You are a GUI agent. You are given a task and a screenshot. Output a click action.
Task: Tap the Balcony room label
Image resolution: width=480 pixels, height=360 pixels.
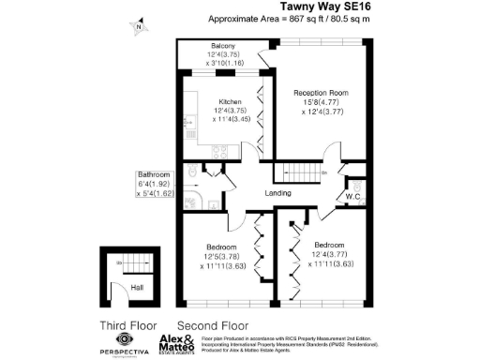pyautogui.click(x=222, y=46)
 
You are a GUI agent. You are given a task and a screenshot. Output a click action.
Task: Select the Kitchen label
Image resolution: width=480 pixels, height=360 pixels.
pyautogui.click(x=231, y=101)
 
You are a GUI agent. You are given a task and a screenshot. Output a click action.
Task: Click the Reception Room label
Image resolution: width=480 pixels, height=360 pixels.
pyautogui.click(x=321, y=93)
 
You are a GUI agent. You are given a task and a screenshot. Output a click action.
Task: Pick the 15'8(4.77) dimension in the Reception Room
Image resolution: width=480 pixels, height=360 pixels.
pyautogui.click(x=321, y=103)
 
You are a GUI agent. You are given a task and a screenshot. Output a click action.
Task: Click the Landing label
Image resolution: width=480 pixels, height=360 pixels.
pyautogui.click(x=277, y=194)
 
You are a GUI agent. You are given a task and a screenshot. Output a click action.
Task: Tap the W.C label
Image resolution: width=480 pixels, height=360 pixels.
pyautogui.click(x=354, y=196)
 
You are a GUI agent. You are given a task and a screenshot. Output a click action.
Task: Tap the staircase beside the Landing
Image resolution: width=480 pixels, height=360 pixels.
pyautogui.click(x=298, y=172)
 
